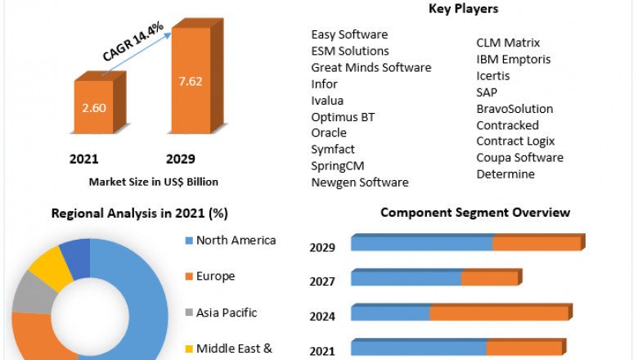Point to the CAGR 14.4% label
tap(133, 41)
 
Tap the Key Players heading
tap(464, 9)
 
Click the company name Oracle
tap(329, 133)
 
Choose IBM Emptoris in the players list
tap(514, 59)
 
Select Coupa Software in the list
tap(519, 157)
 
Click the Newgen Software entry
tap(360, 182)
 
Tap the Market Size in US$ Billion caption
tap(153, 182)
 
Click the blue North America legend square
tap(188, 241)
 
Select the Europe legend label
tap(215, 277)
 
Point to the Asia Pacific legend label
tap(227, 313)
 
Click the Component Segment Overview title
tap(475, 213)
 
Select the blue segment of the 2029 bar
tap(421, 244)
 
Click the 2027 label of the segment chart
tap(321, 281)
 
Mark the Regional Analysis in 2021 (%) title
tap(140, 214)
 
